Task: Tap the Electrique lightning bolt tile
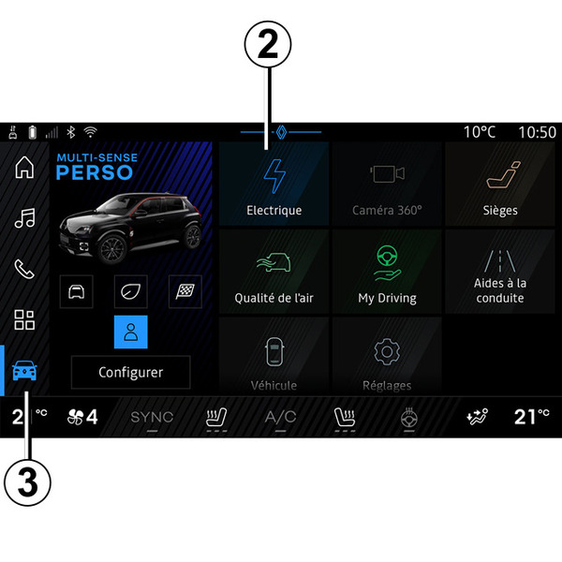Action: (x=274, y=184)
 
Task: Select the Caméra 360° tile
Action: (x=387, y=184)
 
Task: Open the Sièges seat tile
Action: (x=500, y=184)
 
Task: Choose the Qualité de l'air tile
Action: (x=274, y=272)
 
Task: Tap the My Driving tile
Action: (x=387, y=272)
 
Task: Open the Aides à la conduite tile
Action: (x=500, y=272)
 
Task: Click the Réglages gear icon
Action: (x=387, y=352)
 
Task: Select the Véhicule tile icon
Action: (x=274, y=352)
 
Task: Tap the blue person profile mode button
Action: (x=131, y=332)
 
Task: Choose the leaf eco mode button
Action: (x=131, y=291)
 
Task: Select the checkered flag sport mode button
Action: (x=185, y=291)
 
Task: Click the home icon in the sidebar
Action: (x=24, y=167)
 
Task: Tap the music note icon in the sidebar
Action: (x=24, y=218)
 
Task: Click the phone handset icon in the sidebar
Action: (x=24, y=269)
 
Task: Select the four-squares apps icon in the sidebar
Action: (x=24, y=319)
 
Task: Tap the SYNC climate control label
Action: (x=152, y=417)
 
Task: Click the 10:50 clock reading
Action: (x=538, y=132)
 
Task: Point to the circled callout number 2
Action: (x=268, y=44)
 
